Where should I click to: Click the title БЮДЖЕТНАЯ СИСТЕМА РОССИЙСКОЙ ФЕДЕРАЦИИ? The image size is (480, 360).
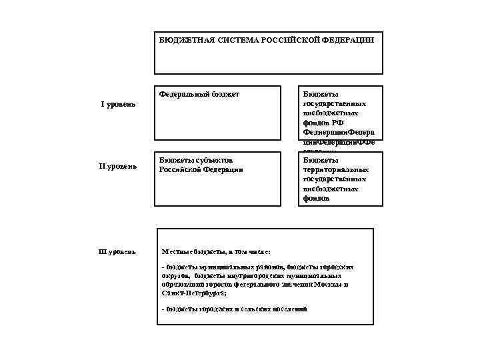[x=267, y=40]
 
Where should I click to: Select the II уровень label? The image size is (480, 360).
[x=118, y=165]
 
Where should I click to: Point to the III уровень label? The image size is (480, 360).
[x=117, y=252]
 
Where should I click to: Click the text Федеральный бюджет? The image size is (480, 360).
[x=199, y=94]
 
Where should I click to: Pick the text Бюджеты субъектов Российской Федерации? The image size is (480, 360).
[x=201, y=165]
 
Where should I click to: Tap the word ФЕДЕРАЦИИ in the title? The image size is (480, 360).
[x=349, y=40]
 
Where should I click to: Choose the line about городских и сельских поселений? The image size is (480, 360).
[x=234, y=309]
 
